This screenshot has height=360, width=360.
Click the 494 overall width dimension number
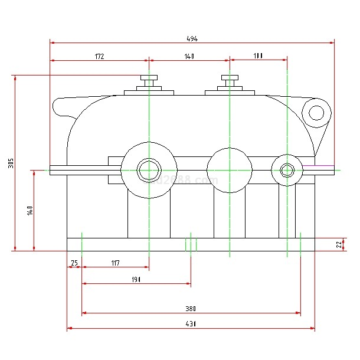point(192,39)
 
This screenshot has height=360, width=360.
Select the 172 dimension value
point(99,57)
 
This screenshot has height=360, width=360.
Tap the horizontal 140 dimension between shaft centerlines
point(189,57)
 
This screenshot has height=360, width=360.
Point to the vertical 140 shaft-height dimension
point(30,211)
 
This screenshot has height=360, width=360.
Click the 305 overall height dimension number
point(11,163)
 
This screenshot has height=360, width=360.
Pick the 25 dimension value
point(74,263)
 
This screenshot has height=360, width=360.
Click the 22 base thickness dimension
point(339,244)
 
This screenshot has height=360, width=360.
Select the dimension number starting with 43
point(191,323)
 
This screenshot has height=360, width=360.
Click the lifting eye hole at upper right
point(316,112)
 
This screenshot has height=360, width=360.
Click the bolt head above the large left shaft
point(149,78)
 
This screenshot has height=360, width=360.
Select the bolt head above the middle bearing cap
point(230,78)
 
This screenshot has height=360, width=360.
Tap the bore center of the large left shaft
point(149,170)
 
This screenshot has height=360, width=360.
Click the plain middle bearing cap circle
point(230,170)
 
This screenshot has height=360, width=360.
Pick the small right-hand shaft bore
point(287,170)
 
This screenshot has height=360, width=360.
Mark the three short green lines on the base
point(191,244)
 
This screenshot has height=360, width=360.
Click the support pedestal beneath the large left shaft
point(149,215)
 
